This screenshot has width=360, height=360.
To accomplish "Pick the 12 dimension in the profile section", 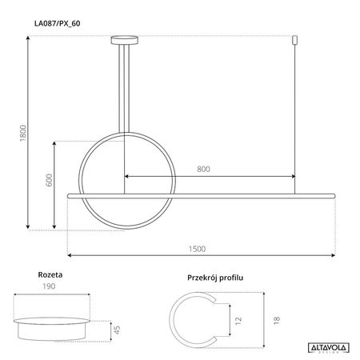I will [x=238, y=318].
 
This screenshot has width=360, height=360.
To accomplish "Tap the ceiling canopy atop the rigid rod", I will [x=124, y=38].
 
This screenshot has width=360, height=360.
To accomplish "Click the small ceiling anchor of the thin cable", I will [x=295, y=39].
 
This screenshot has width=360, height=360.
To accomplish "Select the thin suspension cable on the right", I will [x=295, y=112].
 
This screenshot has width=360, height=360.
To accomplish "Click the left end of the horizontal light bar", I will [x=72, y=194].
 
